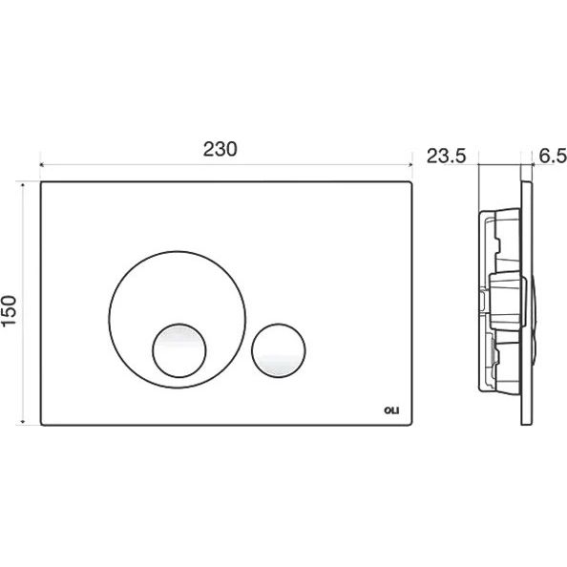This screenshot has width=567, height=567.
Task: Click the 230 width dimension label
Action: (220, 149)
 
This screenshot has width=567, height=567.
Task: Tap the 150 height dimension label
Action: (9, 311)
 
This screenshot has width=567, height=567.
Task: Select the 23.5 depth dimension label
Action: (446, 157)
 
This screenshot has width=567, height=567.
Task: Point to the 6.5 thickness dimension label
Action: (553, 157)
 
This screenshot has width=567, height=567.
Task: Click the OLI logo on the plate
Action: (391, 410)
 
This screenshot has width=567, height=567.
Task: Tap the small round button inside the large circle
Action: (179, 350)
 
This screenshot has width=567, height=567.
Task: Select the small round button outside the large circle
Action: (279, 350)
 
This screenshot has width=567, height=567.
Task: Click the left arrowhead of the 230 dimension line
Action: (42, 165)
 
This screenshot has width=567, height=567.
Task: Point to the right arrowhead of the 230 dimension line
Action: (410, 165)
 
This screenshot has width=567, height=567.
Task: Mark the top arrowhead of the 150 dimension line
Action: (23, 185)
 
